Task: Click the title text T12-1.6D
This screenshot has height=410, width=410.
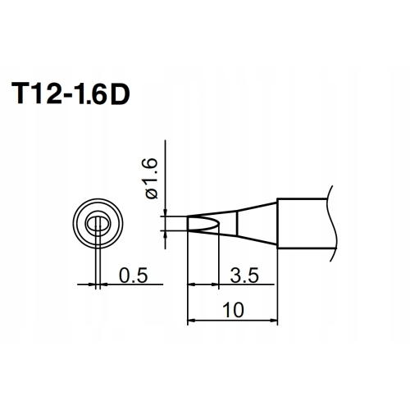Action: pos(71,93)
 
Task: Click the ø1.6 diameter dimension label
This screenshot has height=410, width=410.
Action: pos(150,179)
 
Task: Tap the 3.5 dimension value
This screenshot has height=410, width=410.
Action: pos(244,276)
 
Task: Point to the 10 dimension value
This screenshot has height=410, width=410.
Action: pos(233,310)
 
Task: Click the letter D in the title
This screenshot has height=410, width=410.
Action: pos(120,93)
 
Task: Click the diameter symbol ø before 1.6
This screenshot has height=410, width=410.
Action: pos(152,194)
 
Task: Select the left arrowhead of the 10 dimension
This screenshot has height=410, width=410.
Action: pos(192,320)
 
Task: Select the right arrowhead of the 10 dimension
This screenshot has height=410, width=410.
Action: pos(274,320)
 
